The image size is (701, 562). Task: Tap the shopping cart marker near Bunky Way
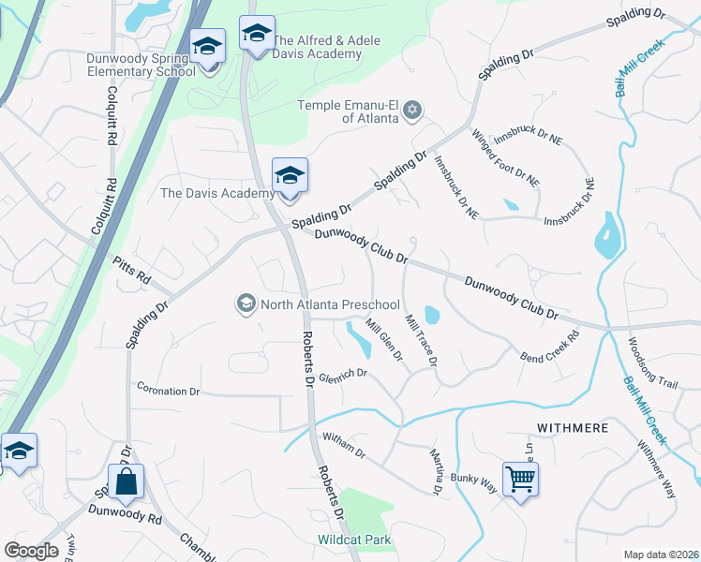520,480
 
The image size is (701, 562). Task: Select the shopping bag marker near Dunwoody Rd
125,482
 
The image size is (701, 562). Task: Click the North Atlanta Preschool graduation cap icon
246,303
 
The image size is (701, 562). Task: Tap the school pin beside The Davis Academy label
290,176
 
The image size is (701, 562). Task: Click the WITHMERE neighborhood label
572,427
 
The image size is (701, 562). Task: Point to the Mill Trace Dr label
421,339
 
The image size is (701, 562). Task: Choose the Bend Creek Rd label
550,346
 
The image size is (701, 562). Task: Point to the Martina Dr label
438,471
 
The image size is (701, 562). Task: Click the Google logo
31,551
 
